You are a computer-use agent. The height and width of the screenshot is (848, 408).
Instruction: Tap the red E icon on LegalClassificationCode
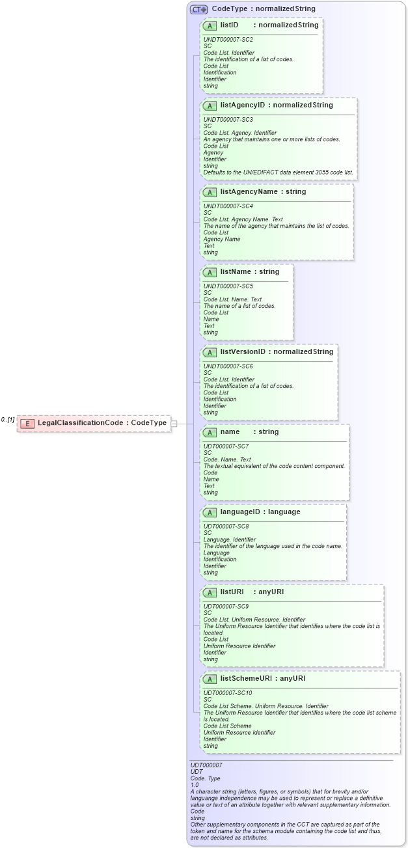pyautogui.click(x=27, y=424)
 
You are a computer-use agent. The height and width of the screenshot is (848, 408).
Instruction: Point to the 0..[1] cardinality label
pyautogui.click(x=8, y=420)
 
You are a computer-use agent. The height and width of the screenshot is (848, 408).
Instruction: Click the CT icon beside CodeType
pyautogui.click(x=198, y=9)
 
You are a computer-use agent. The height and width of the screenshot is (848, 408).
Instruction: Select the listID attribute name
pyautogui.click(x=229, y=25)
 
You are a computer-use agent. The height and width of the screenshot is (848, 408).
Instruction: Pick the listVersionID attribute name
pyautogui.click(x=243, y=351)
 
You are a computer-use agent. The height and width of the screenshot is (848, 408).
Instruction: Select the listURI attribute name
pyautogui.click(x=232, y=592)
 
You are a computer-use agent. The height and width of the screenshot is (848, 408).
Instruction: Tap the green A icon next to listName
pyautogui.click(x=210, y=271)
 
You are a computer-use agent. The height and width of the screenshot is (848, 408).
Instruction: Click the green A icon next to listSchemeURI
pyautogui.click(x=210, y=678)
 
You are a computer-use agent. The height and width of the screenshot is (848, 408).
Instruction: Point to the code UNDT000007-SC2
pyautogui.click(x=228, y=40)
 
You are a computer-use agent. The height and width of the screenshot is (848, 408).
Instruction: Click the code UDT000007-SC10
pyautogui.click(x=228, y=693)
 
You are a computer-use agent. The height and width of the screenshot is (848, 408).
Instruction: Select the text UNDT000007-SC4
pyautogui.click(x=228, y=206)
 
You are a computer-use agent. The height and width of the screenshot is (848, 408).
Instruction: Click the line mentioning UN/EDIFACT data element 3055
pyautogui.click(x=279, y=172)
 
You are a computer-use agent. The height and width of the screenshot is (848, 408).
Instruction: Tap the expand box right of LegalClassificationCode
pyautogui.click(x=174, y=424)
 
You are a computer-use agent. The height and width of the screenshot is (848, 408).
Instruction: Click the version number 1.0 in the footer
pyautogui.click(x=195, y=784)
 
